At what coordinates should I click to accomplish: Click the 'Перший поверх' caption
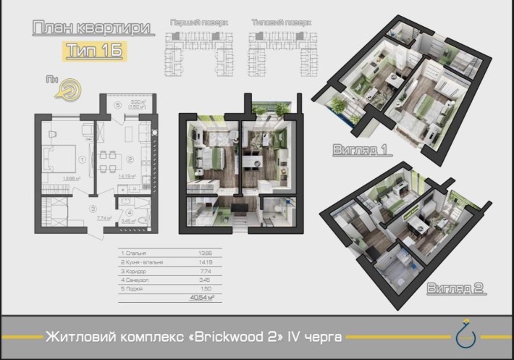pos(198,23)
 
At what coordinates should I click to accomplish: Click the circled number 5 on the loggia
pos(117,104)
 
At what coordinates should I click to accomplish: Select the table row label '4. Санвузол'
pos(135,280)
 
